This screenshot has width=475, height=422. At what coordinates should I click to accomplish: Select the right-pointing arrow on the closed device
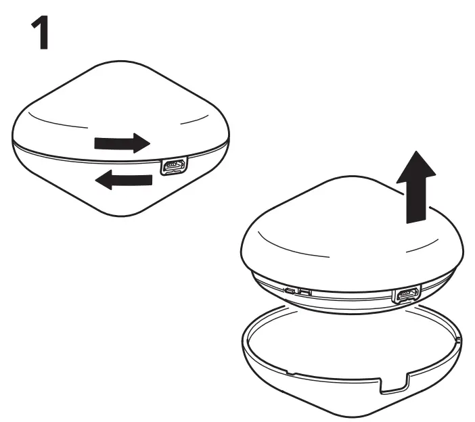pos(121,143)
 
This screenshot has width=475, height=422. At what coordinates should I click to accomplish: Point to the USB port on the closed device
pos(173,167)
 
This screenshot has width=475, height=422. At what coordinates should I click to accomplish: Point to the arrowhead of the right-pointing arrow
pos(141,143)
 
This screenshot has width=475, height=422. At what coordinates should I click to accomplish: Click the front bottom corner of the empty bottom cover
pos(366,415)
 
